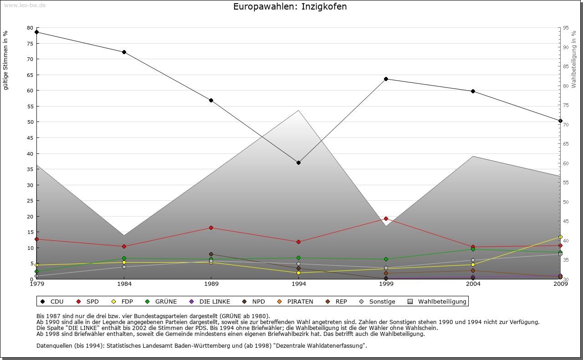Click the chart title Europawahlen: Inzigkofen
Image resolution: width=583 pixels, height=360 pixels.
(x=290, y=7)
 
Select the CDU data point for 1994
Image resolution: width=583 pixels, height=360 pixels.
(x=298, y=162)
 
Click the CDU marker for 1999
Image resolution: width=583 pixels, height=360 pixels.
(x=386, y=79)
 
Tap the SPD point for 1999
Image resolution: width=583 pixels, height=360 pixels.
(x=386, y=218)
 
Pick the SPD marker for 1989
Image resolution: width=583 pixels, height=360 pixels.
(x=211, y=228)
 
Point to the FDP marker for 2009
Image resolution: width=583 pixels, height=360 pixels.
(x=560, y=237)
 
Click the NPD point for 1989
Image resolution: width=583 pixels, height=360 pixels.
(x=211, y=254)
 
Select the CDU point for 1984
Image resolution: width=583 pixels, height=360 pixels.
(x=124, y=52)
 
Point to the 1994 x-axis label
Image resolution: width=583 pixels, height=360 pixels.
(x=298, y=284)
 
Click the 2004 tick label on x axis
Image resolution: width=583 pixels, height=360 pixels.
(x=473, y=284)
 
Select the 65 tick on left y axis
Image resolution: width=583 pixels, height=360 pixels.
(x=30, y=75)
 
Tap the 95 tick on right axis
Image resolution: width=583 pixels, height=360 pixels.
(x=565, y=28)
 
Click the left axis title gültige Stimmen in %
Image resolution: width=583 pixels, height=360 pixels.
(x=6, y=60)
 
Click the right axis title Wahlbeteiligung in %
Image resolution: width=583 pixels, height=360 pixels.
(x=574, y=59)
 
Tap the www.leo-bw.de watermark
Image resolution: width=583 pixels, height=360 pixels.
(x=25, y=5)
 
